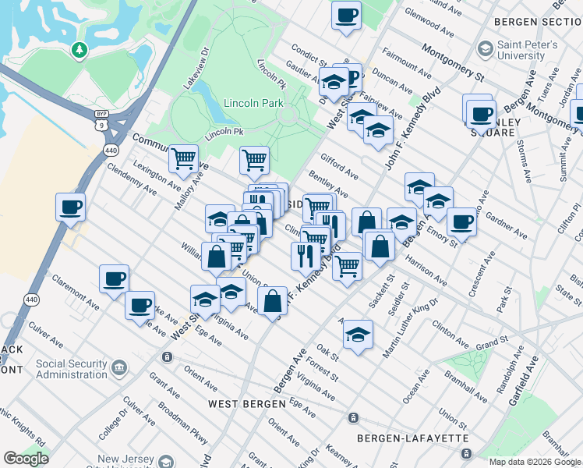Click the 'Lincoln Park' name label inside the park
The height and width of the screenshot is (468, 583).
tap(253, 103)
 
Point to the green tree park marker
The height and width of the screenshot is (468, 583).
tap(78, 51)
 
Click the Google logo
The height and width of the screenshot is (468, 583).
tap(26, 459)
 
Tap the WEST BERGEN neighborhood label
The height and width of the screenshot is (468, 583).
tap(243, 404)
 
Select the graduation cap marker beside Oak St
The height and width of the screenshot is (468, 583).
tap(357, 334)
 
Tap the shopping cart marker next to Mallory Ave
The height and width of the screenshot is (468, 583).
tap(183, 159)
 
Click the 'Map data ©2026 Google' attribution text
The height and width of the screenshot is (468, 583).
tap(535, 462)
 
